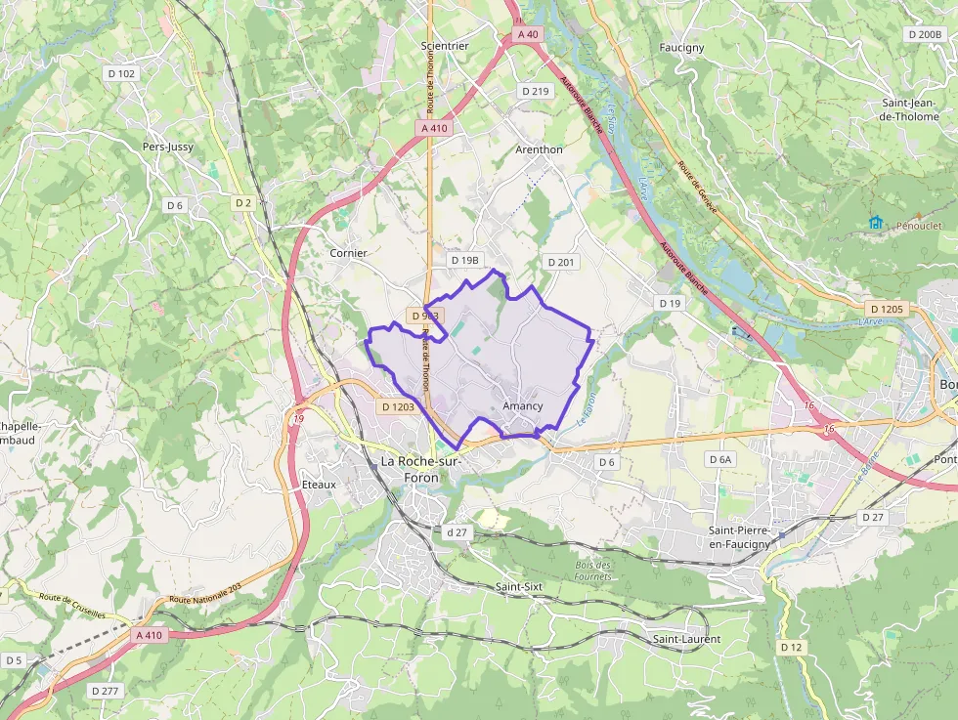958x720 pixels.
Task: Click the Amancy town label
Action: click(x=522, y=405)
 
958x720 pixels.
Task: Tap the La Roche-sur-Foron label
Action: click(x=422, y=468)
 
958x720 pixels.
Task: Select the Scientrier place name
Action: click(x=445, y=46)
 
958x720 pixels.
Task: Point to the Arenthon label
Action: click(x=539, y=149)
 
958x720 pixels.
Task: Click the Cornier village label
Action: click(x=348, y=253)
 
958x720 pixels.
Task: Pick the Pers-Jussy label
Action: click(x=168, y=147)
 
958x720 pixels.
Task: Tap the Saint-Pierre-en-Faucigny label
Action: click(x=740, y=536)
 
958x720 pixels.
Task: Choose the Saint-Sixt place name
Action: click(x=519, y=586)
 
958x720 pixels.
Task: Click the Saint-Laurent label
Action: click(x=686, y=639)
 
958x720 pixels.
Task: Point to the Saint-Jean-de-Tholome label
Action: click(x=910, y=109)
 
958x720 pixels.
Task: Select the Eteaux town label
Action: click(x=319, y=485)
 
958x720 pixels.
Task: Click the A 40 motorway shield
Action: click(x=528, y=34)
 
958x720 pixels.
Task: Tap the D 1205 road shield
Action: click(x=887, y=309)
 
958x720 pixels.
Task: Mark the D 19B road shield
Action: click(x=464, y=261)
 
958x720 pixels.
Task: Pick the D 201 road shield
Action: click(x=561, y=262)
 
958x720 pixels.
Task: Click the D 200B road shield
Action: click(x=924, y=34)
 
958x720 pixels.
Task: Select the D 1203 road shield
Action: click(x=398, y=406)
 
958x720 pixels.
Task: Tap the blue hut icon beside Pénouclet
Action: click(x=875, y=224)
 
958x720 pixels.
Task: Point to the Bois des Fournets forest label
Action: click(x=593, y=571)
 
